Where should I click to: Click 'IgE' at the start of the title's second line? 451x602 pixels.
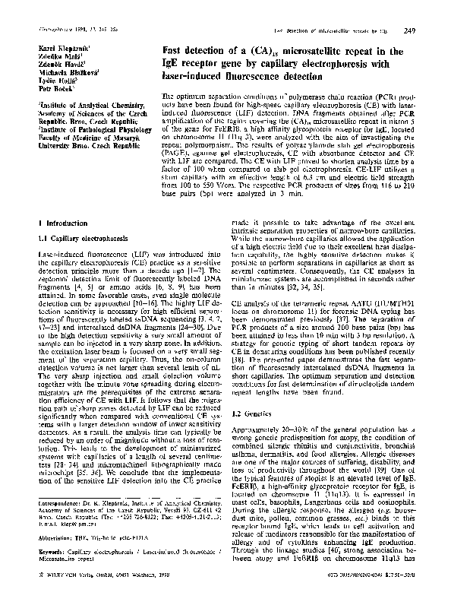point(173,64)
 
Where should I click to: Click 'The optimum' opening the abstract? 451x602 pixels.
point(181,98)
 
